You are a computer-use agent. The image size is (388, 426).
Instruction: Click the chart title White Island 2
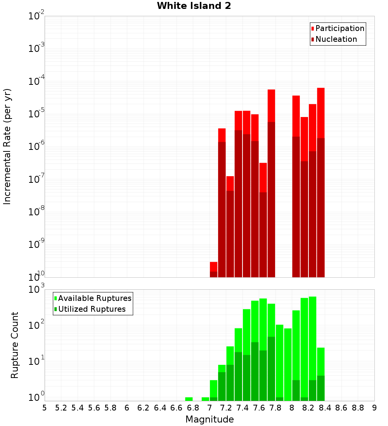coord(194,6)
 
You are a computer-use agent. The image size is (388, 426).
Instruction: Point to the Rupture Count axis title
coord(15,345)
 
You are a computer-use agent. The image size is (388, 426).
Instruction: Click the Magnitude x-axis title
coord(210,419)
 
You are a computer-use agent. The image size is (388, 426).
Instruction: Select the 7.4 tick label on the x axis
coord(242,408)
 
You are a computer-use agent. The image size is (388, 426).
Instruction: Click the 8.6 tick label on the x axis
coord(341,408)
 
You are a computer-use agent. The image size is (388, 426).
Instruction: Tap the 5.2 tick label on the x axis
coord(61,408)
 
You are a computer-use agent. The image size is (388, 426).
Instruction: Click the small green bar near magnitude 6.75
coord(189,399)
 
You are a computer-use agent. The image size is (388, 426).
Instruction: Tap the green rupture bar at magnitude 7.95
coord(288,364)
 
